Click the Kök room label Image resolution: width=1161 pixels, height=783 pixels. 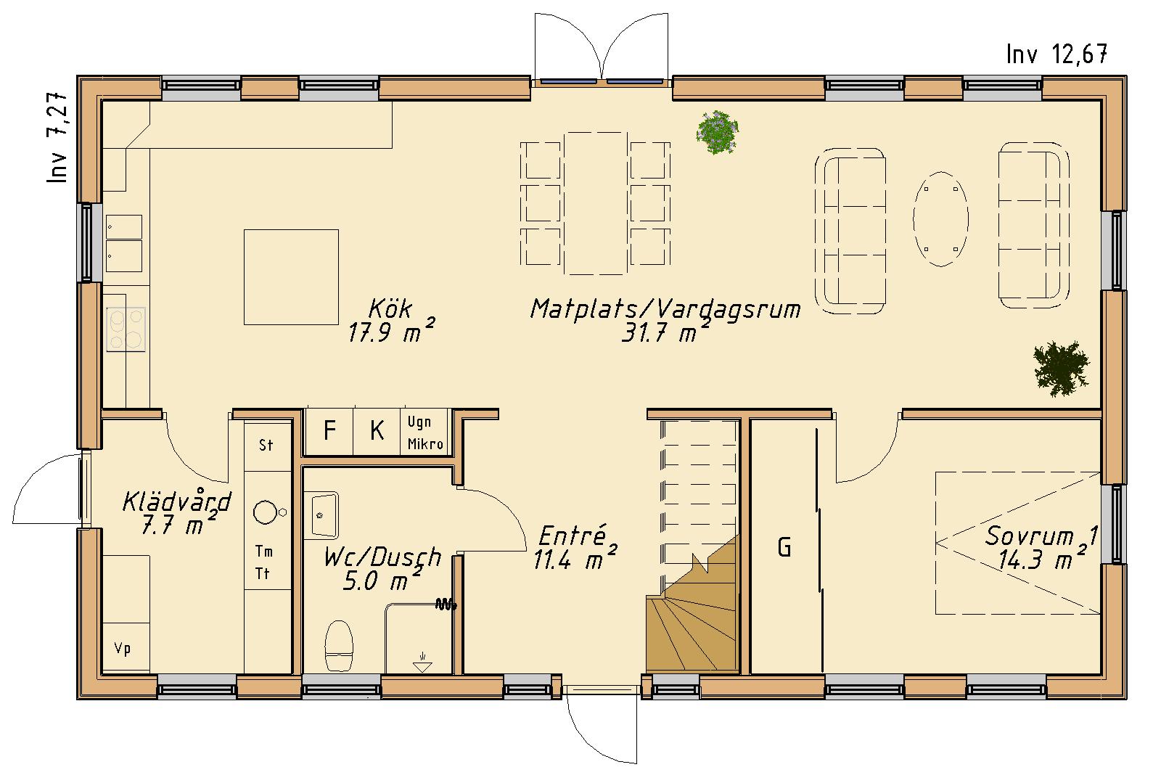click(x=390, y=309)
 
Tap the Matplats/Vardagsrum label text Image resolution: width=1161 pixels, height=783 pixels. click(x=665, y=309)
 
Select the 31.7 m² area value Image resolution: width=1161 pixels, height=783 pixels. click(x=665, y=332)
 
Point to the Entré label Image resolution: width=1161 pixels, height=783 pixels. click(x=573, y=536)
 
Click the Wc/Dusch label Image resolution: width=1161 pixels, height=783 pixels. click(x=382, y=558)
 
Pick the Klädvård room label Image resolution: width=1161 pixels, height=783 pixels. click(x=177, y=501)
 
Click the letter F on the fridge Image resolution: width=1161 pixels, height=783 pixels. click(x=329, y=430)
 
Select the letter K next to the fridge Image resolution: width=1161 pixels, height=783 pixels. click(x=377, y=430)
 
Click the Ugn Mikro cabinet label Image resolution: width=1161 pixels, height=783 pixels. click(x=425, y=433)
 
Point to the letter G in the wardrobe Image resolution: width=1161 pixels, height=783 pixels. click(x=784, y=547)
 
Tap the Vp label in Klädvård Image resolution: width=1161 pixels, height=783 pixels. click(x=123, y=649)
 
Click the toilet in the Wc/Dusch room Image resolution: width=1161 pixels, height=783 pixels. click(x=339, y=646)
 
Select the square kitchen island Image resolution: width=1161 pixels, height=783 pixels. click(x=291, y=277)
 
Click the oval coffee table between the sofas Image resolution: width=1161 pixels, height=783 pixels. click(x=940, y=218)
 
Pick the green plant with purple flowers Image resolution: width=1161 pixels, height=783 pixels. click(x=718, y=132)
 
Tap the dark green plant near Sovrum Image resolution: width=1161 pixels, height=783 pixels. click(x=1061, y=369)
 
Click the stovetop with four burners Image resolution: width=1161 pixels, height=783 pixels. click(x=126, y=329)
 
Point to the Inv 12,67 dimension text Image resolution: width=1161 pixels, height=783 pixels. click(x=1057, y=54)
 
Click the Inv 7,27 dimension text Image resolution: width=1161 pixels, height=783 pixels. click(x=57, y=137)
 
